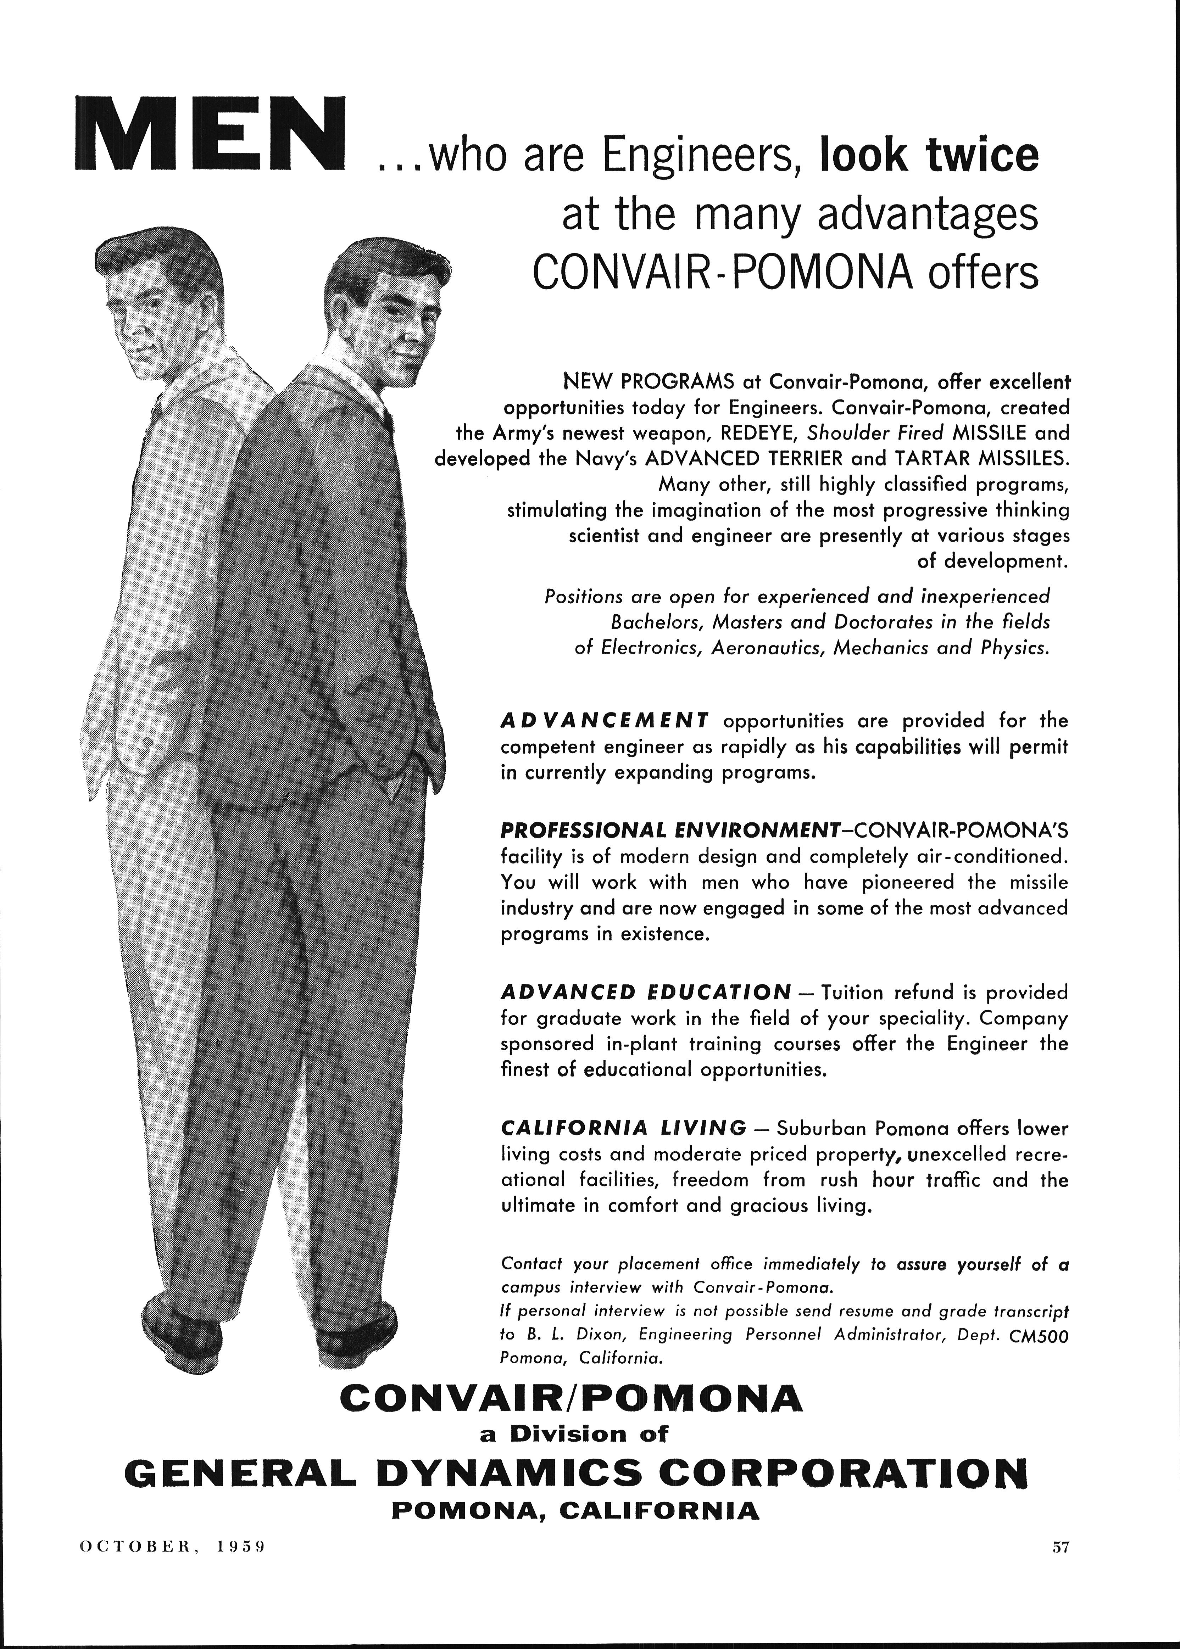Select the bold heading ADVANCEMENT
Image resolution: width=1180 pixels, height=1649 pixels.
[605, 721]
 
